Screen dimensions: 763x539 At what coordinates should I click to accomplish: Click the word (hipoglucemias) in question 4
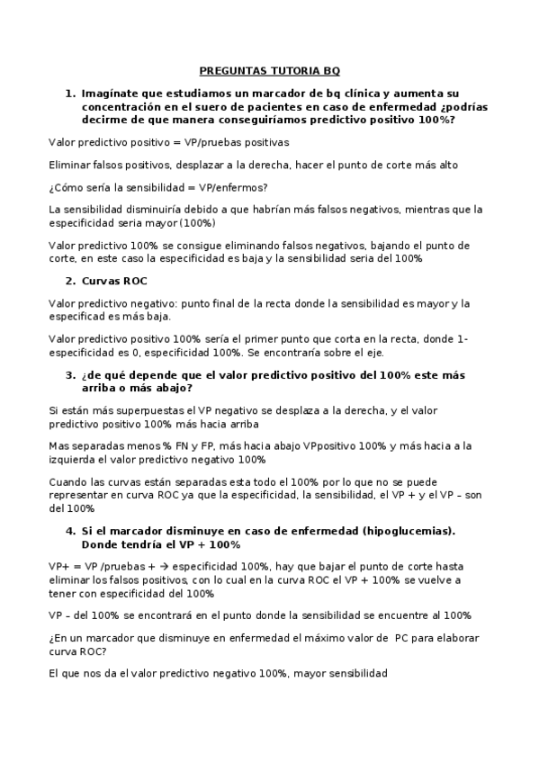click(x=409, y=531)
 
